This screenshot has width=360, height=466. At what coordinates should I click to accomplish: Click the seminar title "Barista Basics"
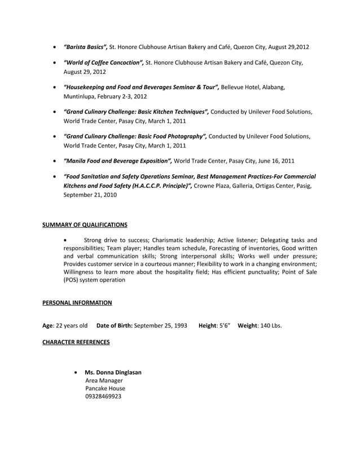[85, 46]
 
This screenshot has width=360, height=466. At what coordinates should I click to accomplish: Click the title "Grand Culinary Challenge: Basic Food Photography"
[135, 137]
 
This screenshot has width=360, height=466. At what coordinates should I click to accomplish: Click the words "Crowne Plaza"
[212, 186]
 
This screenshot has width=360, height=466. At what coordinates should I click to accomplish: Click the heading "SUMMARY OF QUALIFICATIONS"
[85, 225]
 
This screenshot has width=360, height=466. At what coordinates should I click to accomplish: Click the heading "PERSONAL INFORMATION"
[77, 303]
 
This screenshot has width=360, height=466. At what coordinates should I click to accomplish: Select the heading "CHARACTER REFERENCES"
[76, 342]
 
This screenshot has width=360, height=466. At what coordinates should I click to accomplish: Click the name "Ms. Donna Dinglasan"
[113, 372]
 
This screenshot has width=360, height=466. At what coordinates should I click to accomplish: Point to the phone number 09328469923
[103, 396]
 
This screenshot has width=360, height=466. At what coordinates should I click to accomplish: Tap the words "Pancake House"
[105, 388]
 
